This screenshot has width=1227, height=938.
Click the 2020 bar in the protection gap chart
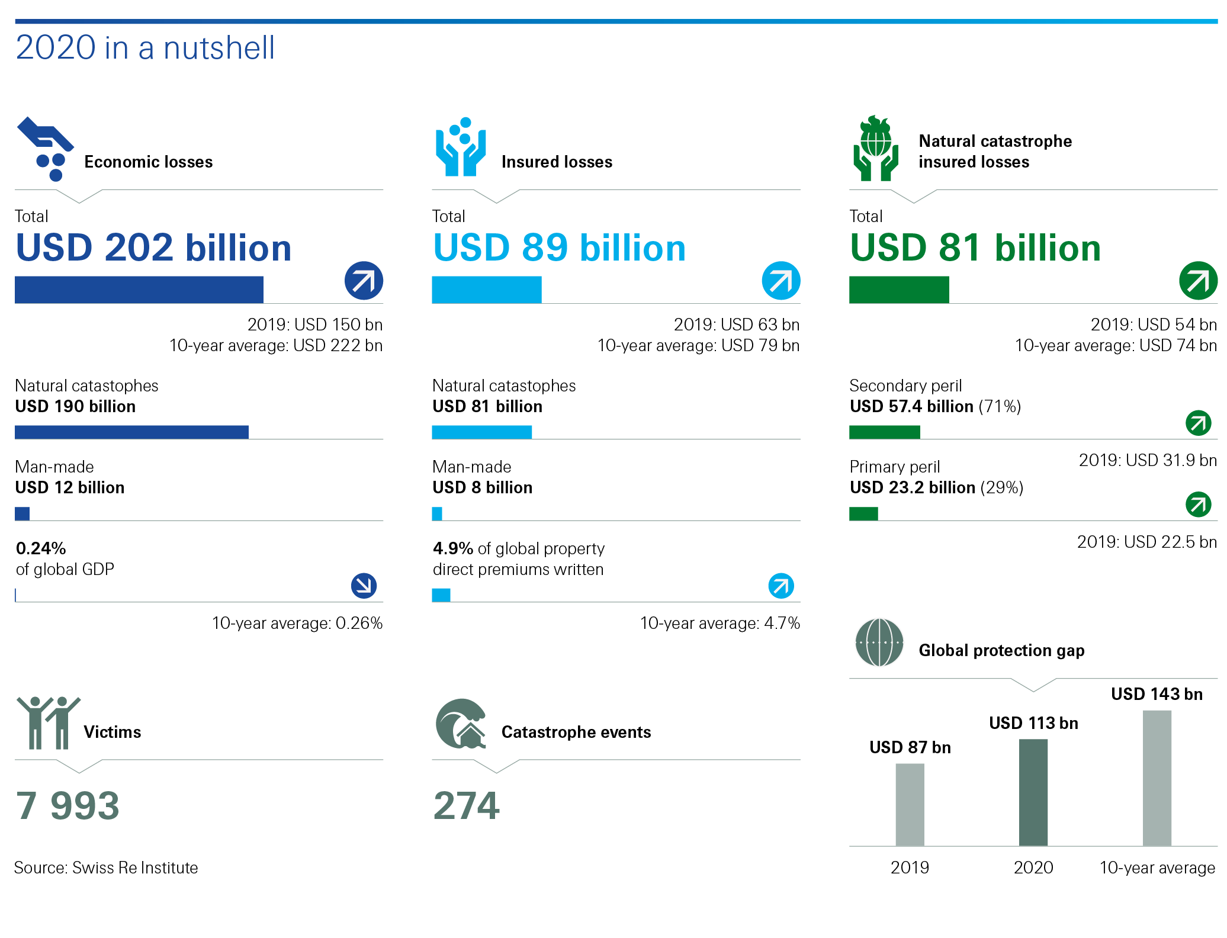[1033, 792]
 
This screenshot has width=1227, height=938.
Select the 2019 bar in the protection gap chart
[910, 804]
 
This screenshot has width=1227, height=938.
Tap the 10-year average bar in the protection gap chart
[1157, 778]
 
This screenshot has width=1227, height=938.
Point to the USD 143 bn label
[1157, 694]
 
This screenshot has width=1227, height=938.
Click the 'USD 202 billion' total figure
[154, 248]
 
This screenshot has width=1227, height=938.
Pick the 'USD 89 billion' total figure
[559, 248]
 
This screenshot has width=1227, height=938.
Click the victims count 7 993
[68, 806]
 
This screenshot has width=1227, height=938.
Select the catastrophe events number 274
[467, 806]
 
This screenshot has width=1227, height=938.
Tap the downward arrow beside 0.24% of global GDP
[364, 586]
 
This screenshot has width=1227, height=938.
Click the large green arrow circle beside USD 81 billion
[1198, 281]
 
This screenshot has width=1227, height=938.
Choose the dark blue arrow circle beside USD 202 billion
[364, 281]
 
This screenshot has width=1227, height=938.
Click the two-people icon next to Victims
[47, 722]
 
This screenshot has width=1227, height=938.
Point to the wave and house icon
[461, 724]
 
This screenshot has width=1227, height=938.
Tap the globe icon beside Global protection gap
[879, 643]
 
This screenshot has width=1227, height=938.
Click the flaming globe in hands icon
[876, 149]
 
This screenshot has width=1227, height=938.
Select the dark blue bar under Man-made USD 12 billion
[23, 513]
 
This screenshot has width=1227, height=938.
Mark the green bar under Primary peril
[863, 513]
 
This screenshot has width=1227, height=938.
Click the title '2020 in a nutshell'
[145, 47]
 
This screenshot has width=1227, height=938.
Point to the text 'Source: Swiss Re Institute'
[106, 868]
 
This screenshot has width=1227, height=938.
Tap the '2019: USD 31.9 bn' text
[1147, 460]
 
